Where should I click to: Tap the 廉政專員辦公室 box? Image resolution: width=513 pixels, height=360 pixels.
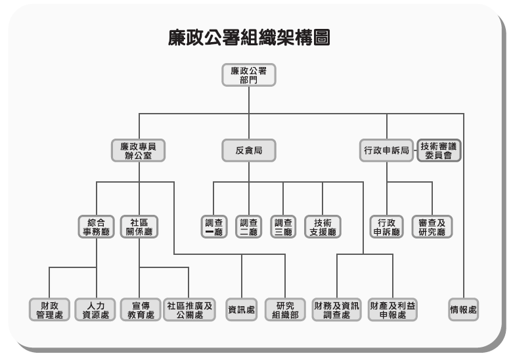coord(138,150)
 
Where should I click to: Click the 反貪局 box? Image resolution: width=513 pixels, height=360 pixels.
coord(248,150)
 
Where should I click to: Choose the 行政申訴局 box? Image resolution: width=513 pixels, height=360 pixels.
coord(387,150)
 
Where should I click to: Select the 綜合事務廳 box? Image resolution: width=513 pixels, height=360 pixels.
coord(96,226)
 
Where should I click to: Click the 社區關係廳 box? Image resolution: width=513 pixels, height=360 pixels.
coord(140,226)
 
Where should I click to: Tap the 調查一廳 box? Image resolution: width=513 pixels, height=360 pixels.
coord(213,226)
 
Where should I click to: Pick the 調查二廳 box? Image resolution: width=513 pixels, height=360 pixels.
coord(248,226)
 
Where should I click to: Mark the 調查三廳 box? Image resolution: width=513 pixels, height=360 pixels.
coord(283,226)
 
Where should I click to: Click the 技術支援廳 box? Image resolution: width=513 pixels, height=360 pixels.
coord(323,226)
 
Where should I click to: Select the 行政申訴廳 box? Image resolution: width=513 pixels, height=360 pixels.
coord(387,226)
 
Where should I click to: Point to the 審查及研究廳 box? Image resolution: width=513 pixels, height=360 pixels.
coord(432,226)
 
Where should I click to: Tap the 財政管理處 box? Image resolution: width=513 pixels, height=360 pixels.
coord(49,309)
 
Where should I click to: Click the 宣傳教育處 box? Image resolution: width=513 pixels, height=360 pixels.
coord(140,309)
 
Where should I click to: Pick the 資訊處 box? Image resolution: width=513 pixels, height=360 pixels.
coord(242,309)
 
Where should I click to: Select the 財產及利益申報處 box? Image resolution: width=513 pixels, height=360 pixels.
coord(392,309)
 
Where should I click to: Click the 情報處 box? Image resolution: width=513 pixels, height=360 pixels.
coord(462,309)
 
